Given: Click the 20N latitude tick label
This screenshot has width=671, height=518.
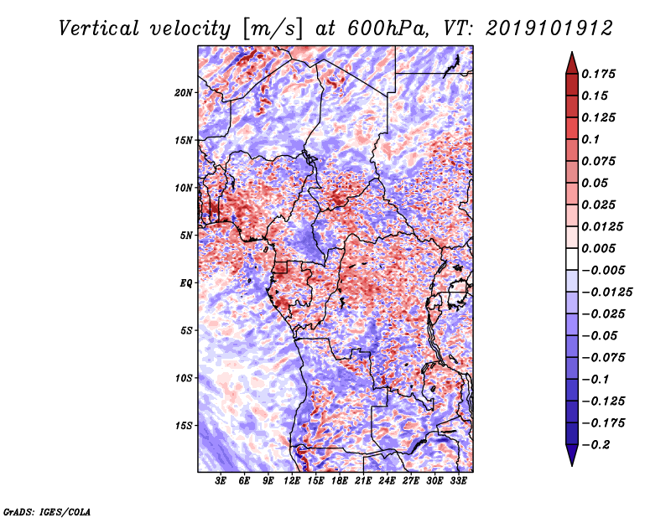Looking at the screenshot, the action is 184,93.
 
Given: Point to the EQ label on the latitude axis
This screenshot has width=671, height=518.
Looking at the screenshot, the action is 186,283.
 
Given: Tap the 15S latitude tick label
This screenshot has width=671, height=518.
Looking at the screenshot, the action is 184,426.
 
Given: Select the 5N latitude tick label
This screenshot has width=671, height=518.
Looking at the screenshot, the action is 186,236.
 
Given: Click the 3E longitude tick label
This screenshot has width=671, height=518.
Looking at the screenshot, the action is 221,481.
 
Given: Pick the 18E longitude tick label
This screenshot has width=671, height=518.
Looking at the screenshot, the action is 340,481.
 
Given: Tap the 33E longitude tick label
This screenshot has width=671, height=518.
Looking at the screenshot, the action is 458,481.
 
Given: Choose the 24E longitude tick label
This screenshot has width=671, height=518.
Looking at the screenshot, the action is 387,481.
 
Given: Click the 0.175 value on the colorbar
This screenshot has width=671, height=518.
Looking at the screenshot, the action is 598,74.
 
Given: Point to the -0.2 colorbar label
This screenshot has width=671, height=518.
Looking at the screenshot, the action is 596,445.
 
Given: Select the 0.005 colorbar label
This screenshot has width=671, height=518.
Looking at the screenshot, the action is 598,248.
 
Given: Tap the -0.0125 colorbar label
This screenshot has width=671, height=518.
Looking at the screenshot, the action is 606,293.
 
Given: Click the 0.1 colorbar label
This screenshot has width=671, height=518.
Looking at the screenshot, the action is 590,139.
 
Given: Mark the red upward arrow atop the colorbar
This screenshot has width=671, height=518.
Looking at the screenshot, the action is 572,63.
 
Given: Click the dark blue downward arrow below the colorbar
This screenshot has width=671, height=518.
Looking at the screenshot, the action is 572,455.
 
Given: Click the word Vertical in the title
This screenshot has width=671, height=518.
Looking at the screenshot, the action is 99,28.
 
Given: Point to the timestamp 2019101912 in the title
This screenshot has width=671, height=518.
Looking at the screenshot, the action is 549,28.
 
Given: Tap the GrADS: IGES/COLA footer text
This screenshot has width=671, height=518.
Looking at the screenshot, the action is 47,512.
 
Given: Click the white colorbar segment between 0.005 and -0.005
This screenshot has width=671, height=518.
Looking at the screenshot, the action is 572,259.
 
